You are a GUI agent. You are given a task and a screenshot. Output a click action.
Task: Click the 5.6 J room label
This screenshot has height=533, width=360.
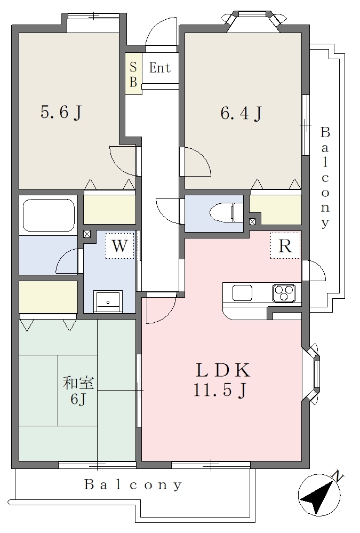pyautogui.click(x=61, y=112)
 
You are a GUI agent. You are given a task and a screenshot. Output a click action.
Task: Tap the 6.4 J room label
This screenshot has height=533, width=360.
pyautogui.click(x=242, y=113)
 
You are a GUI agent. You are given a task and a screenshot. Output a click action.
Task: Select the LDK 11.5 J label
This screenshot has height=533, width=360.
pyautogui.click(x=222, y=380)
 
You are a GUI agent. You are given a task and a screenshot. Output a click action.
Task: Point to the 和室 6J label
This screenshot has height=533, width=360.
pyautogui.click(x=78, y=391)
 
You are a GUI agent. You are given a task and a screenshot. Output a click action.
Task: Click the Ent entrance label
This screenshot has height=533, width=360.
pyautogui.click(x=160, y=68)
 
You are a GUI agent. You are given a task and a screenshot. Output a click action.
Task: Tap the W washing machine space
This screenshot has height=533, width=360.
pyautogui.click(x=119, y=246)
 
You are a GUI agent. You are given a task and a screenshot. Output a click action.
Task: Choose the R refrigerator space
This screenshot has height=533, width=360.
pyautogui.click(x=285, y=246)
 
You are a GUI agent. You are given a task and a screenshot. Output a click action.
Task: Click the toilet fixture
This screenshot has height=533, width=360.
pyautogui.click(x=227, y=213)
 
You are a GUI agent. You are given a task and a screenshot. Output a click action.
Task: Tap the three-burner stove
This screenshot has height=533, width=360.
pyautogui.click(x=284, y=293)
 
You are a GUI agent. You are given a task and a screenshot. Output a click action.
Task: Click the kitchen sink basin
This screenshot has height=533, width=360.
pyautogui.click(x=242, y=293)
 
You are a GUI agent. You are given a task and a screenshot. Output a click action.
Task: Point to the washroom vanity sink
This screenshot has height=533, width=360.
pyautogui.click(x=108, y=301)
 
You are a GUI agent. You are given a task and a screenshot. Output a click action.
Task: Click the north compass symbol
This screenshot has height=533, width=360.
pyautogui.click(x=319, y=495)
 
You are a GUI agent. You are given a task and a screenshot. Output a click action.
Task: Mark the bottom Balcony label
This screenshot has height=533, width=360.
pyautogui.click(x=133, y=485)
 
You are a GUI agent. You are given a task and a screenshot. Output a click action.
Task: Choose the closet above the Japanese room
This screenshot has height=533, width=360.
pyautogui.click(x=49, y=297)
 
